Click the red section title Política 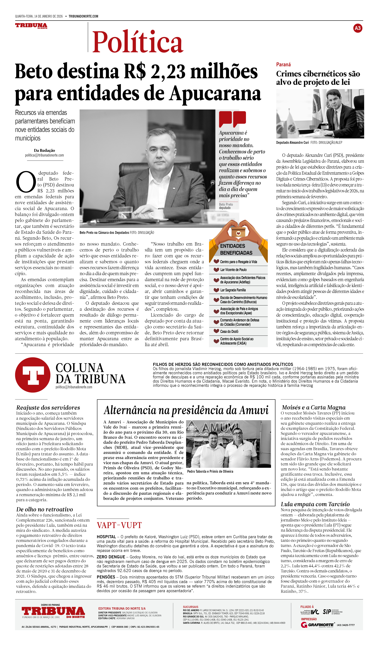(138, 42)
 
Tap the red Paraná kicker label (283, 65)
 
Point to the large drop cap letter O (26, 182)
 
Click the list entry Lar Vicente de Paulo (233, 270)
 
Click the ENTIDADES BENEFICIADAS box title (236, 249)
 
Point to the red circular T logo (33, 375)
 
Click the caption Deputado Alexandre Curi (292, 143)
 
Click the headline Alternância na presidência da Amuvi (186, 410)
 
